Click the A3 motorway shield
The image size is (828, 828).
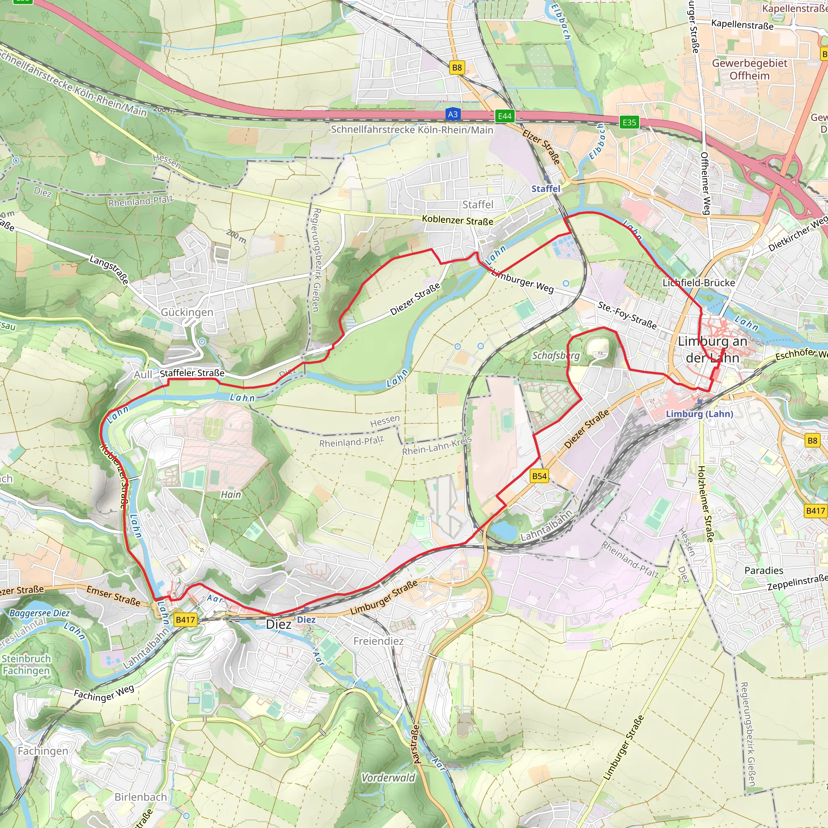[452, 114]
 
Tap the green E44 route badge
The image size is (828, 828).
[505, 116]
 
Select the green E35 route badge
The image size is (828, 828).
[629, 122]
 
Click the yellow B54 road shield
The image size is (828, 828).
[539, 476]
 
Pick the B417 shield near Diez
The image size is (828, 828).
[186, 620]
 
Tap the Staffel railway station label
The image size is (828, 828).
[545, 188]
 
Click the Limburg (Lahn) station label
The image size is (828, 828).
[699, 414]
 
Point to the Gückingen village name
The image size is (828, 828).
[187, 312]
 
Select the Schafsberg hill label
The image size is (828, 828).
[556, 355]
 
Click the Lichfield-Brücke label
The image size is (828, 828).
[699, 283]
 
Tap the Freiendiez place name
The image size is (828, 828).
[378, 641]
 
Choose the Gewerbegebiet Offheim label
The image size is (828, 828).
[750, 70]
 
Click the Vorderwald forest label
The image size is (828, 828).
[388, 778]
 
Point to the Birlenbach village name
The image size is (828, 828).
[141, 797]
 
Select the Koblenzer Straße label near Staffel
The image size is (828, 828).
[457, 220]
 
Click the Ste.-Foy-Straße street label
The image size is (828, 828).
[627, 315]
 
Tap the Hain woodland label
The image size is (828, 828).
[230, 494]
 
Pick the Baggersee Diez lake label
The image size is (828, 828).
[40, 613]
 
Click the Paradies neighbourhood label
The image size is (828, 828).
[764, 570]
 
